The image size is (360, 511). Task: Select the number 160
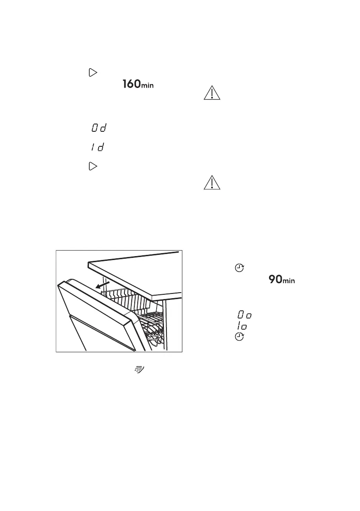pyautogui.click(x=130, y=85)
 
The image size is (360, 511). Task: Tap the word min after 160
pyautogui.click(x=148, y=86)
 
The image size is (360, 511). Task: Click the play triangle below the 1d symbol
pyautogui.click(x=92, y=166)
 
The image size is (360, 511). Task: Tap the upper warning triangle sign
pyautogui.click(x=212, y=93)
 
